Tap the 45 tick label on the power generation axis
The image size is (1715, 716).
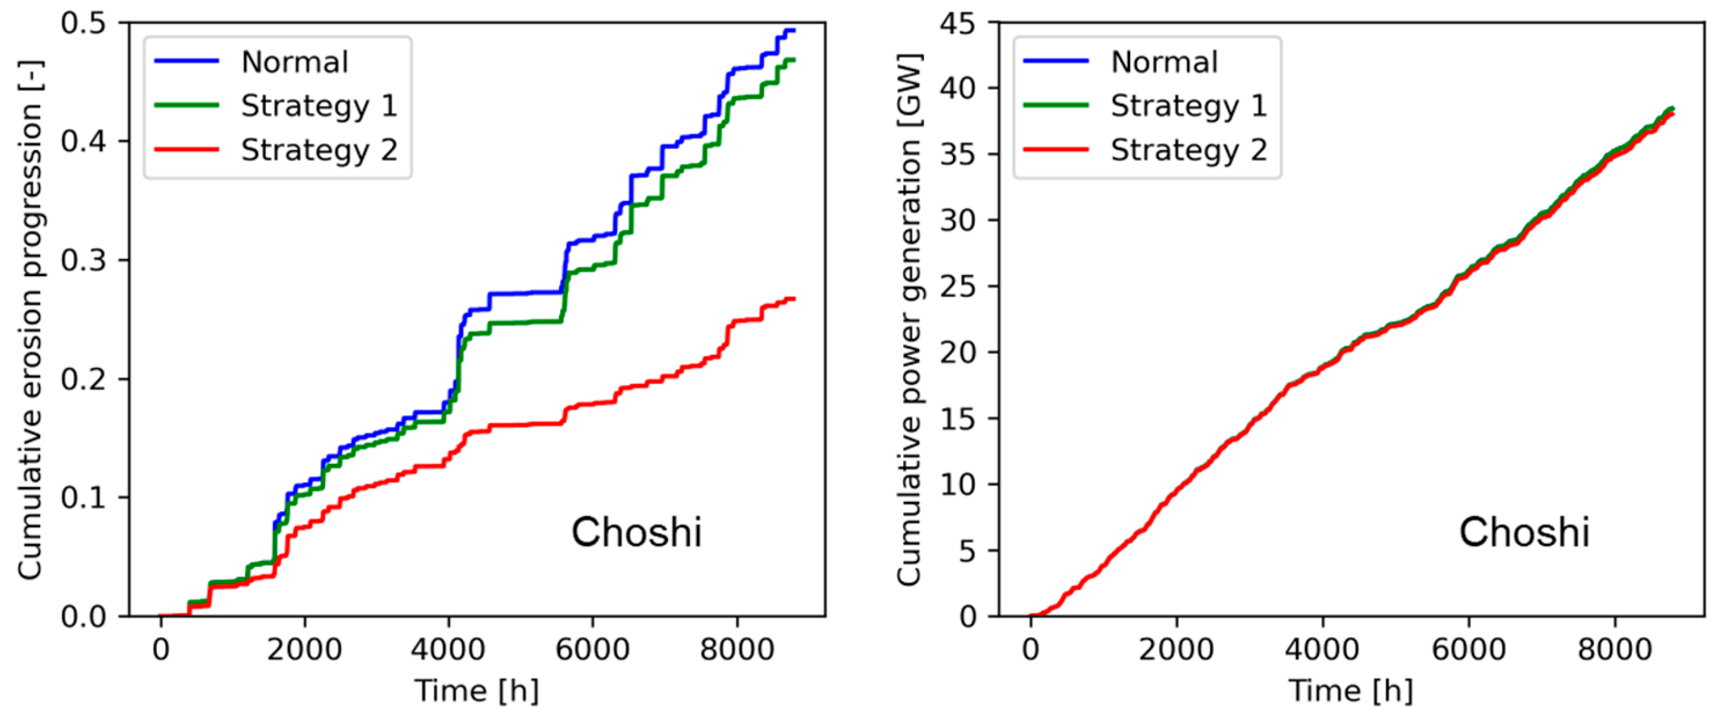point(958,23)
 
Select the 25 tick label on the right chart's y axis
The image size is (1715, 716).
point(958,287)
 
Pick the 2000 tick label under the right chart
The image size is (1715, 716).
point(1176,648)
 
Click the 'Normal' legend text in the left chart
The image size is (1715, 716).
point(294,62)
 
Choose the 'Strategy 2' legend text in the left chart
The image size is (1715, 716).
point(319,150)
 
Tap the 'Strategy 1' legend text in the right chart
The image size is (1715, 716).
point(1189,106)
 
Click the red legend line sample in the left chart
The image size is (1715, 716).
point(187,149)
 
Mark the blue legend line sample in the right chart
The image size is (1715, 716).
point(1056,62)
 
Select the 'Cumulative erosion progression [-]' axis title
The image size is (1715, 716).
point(30,319)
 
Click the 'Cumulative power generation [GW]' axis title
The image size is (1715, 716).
point(909,319)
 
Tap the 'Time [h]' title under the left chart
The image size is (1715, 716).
point(476,691)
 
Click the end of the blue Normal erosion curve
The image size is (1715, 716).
point(793,31)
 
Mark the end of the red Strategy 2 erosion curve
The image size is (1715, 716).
point(793,299)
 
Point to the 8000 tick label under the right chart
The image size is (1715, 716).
point(1615,648)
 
